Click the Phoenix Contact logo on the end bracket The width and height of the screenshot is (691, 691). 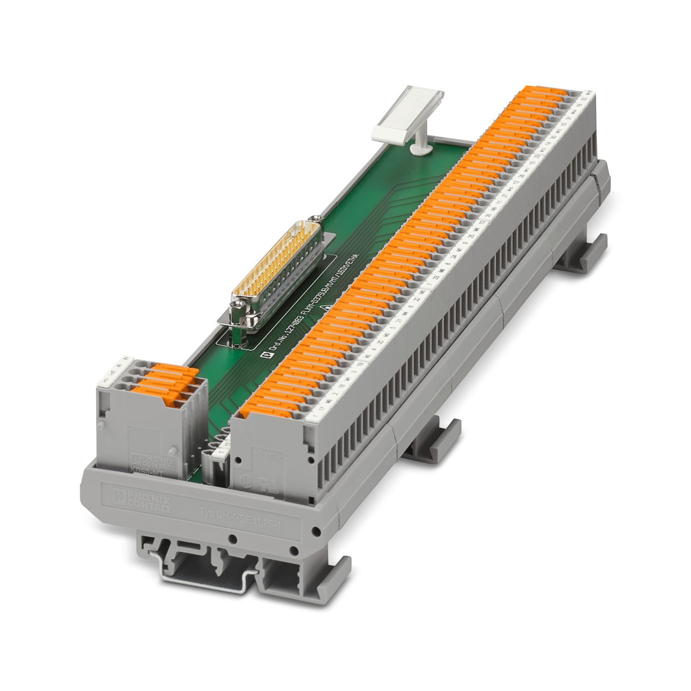[x=143, y=498]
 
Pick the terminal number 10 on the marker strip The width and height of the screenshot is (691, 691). [x=482, y=222]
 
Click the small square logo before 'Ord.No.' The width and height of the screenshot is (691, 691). [x=264, y=355]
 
